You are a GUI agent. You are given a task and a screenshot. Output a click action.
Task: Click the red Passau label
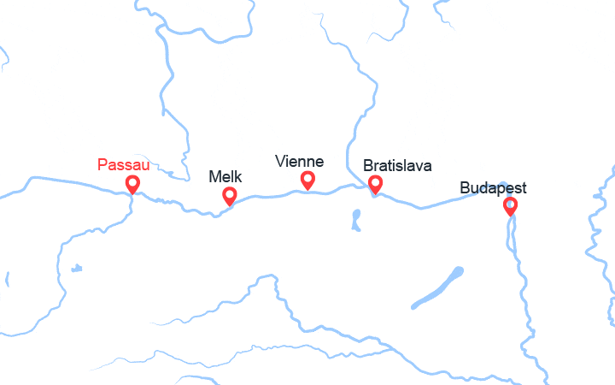click(x=124, y=164)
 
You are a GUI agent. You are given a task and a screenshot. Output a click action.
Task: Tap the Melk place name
click(x=225, y=177)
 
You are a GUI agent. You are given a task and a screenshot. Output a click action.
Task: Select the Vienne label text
click(x=299, y=161)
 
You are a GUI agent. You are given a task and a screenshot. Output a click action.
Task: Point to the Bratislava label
click(x=397, y=165)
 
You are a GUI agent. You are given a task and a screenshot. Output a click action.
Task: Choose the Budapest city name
click(x=493, y=187)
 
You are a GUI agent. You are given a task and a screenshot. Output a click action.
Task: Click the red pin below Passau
click(x=132, y=184)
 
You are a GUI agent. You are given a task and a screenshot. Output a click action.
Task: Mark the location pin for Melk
click(x=229, y=196)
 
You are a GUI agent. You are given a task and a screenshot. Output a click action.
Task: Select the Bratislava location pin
click(x=374, y=183)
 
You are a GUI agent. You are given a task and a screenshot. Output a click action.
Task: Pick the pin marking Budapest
click(x=511, y=205)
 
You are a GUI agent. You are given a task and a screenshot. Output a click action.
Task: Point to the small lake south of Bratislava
click(x=354, y=221)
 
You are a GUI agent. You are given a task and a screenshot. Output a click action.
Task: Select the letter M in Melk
click(x=214, y=177)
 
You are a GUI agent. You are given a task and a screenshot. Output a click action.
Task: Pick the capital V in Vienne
click(x=279, y=161)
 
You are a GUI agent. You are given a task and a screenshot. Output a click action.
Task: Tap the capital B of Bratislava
click(x=368, y=165)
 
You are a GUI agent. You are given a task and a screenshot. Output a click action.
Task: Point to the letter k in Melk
click(x=238, y=177)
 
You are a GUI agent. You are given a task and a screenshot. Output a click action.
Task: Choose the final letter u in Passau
click(x=145, y=164)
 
